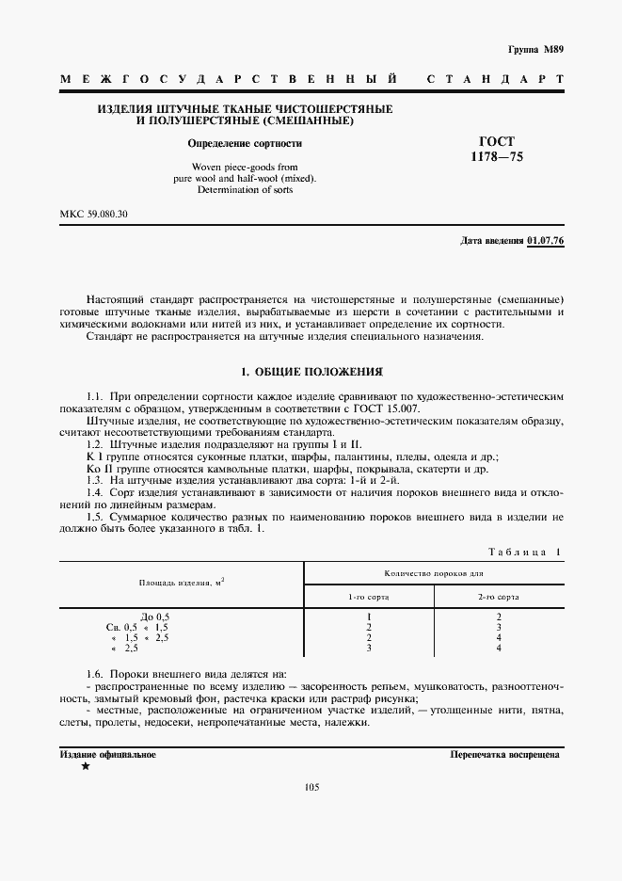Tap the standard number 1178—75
[x=498, y=158]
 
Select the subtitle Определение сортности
[x=245, y=144]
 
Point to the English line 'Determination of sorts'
[x=245, y=189]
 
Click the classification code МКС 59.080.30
[x=94, y=215]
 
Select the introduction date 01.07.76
[x=545, y=242]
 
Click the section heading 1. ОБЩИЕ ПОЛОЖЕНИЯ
[x=311, y=372]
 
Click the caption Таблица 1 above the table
[x=525, y=552]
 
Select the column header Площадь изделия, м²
[x=182, y=584]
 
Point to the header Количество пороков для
[x=434, y=573]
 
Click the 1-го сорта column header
[x=369, y=597]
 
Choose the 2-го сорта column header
[x=499, y=597]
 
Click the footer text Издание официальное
[x=107, y=755]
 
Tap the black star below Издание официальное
[x=86, y=767]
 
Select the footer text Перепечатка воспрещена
[x=506, y=755]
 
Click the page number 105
[x=311, y=788]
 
